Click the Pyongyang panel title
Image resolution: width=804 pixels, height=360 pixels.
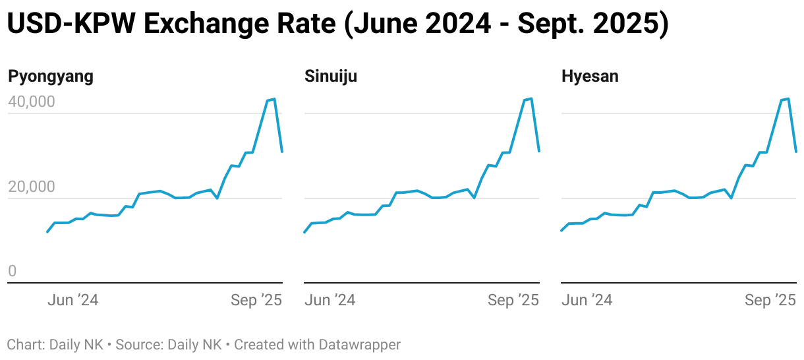pyautogui.click(x=51, y=76)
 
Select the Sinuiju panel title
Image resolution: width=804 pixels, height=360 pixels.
pyautogui.click(x=331, y=76)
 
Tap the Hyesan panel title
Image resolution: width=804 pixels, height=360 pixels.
pyautogui.click(x=590, y=76)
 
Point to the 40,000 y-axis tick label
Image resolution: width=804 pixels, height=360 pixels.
pyautogui.click(x=31, y=102)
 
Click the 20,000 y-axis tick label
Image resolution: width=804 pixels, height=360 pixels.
pyautogui.click(x=31, y=187)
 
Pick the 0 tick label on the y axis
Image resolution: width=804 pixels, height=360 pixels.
pyautogui.click(x=12, y=272)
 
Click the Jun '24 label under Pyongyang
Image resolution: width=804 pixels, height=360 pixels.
pyautogui.click(x=73, y=301)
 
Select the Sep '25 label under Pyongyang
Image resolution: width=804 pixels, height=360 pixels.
pyautogui.click(x=256, y=301)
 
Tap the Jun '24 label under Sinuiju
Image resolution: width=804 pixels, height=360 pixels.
pyautogui.click(x=330, y=301)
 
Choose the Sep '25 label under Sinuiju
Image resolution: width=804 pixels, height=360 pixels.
pyautogui.click(x=513, y=301)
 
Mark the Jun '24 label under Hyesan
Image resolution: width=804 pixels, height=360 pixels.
pyautogui.click(x=587, y=301)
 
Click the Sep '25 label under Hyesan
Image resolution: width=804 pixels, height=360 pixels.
pyautogui.click(x=770, y=301)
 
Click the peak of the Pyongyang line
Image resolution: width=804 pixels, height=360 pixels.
pyautogui.click(x=274, y=99)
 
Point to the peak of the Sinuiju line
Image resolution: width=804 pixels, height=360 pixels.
pyautogui.click(x=531, y=98)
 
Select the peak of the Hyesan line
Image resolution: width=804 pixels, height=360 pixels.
pyautogui.click(x=788, y=98)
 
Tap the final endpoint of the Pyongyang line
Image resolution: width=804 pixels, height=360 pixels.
pyautogui.click(x=282, y=152)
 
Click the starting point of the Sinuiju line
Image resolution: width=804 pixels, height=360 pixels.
pyautogui.click(x=304, y=232)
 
